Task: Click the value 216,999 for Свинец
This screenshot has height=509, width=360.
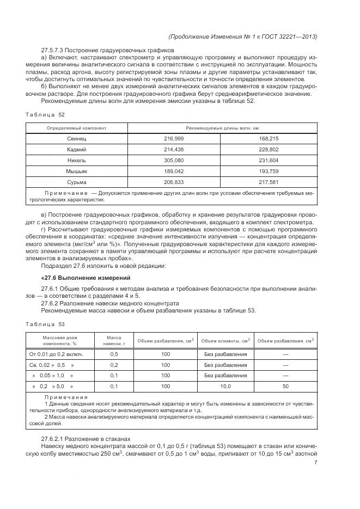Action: coord(174,139)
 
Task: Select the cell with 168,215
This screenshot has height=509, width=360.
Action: coord(269,139)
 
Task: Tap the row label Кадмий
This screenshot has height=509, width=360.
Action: coord(77,150)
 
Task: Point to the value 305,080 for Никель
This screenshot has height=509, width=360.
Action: coord(174,161)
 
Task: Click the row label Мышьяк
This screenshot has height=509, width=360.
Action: coord(77,171)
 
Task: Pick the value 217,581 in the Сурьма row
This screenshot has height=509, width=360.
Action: coord(269,182)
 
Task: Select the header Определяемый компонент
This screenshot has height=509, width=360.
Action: coord(77,128)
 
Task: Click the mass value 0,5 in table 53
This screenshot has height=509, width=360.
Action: coord(114,354)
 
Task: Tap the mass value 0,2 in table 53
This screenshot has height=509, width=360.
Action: coord(114,365)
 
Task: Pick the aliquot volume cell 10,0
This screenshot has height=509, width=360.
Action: coord(225,387)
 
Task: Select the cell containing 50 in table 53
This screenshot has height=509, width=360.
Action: coord(285,387)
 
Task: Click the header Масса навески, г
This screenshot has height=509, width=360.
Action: coord(114,341)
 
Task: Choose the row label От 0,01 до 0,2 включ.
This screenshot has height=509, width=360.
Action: coord(60,354)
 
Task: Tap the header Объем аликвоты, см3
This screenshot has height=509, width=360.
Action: coord(225,341)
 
